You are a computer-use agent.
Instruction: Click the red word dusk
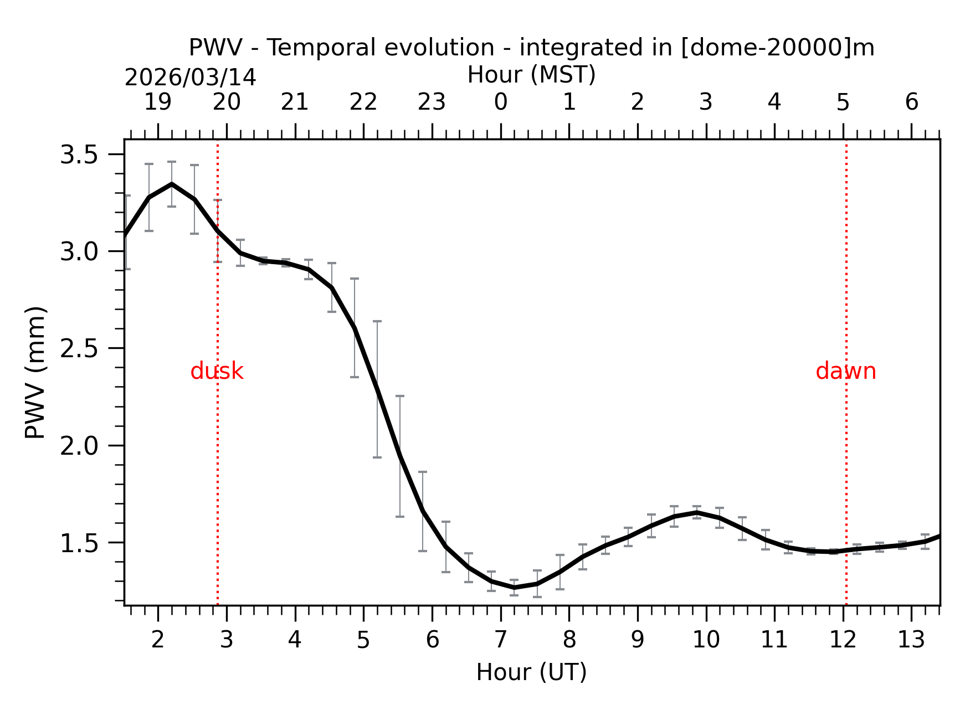(217, 372)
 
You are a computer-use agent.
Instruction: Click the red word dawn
(845, 372)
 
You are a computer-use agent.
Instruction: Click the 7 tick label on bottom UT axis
(501, 640)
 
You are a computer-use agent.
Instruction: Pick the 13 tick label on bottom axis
(911, 640)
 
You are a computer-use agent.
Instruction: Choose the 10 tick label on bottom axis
(706, 640)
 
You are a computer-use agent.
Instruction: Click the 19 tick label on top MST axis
(158, 102)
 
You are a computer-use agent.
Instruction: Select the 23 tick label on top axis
(432, 102)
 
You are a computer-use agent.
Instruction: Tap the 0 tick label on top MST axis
(501, 102)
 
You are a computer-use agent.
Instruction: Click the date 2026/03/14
(190, 78)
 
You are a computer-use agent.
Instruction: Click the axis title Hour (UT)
(531, 672)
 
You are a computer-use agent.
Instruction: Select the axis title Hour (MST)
(531, 75)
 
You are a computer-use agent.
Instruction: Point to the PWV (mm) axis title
(35, 372)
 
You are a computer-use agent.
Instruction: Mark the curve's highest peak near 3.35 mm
(172, 184)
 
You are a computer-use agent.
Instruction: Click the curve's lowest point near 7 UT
(514, 588)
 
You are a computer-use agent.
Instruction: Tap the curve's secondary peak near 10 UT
(696, 512)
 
